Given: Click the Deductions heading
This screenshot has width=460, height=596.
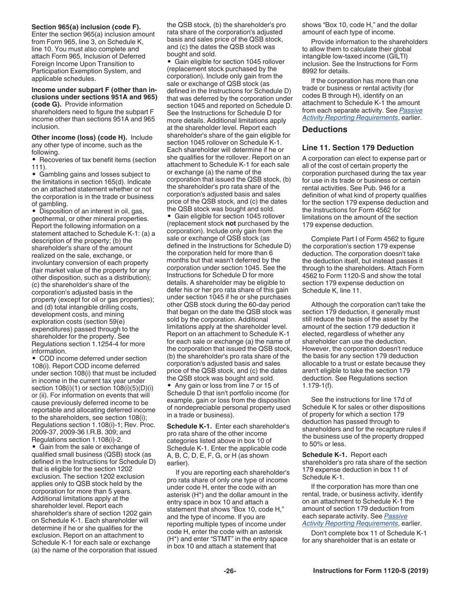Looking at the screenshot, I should (x=324, y=129).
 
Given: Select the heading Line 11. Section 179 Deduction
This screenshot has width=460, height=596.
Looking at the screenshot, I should (x=357, y=148).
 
